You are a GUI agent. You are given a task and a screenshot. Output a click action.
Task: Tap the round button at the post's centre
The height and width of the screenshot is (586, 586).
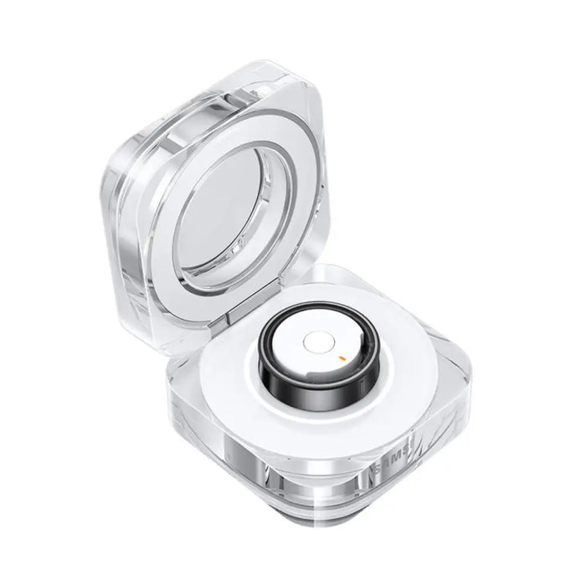pyautogui.click(x=314, y=342)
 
